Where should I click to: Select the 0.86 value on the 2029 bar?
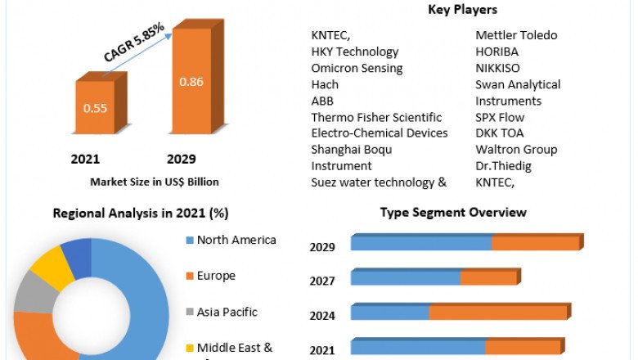(x=191, y=81)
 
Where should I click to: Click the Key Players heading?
(x=462, y=10)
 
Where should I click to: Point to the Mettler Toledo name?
(x=516, y=35)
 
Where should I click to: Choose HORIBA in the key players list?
(x=498, y=52)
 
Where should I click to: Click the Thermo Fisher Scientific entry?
(x=376, y=117)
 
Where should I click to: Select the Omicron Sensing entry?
(x=357, y=68)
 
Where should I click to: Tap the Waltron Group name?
(x=516, y=150)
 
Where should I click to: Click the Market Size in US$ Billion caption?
(x=155, y=181)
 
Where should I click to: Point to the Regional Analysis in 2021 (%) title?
(x=141, y=213)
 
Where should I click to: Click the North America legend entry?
(x=236, y=240)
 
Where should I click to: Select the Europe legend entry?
(x=216, y=276)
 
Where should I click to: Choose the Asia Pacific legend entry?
(x=227, y=312)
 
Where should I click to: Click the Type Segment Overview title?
(x=453, y=213)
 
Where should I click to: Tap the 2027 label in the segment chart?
(x=321, y=281)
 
